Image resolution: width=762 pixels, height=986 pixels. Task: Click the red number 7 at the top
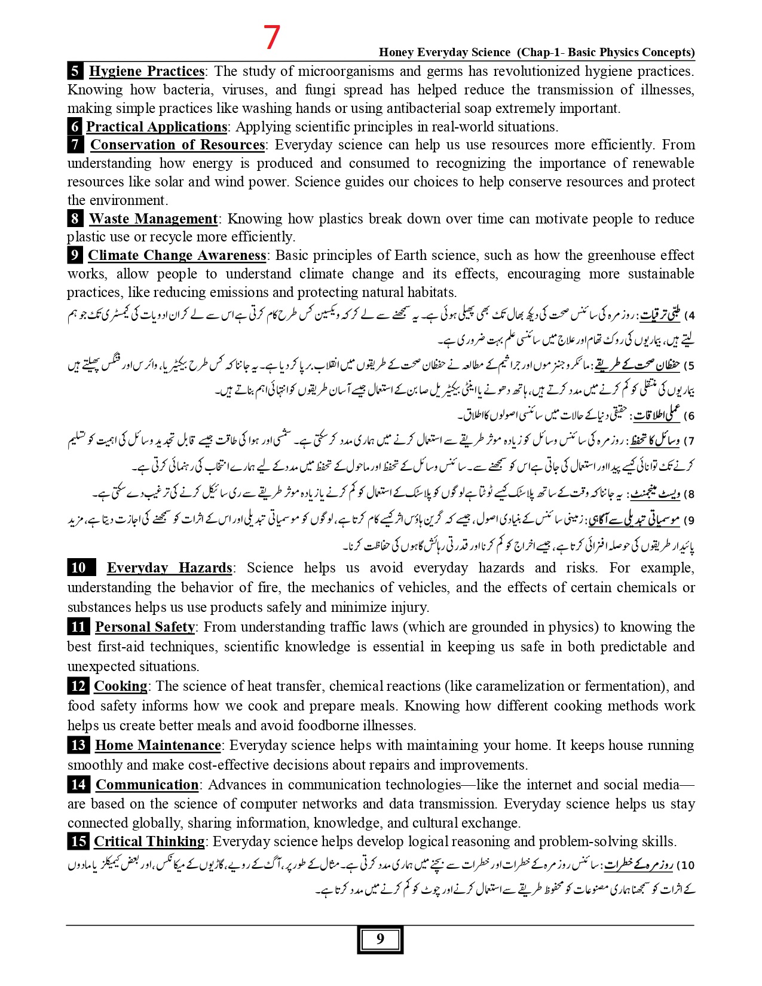click(272, 37)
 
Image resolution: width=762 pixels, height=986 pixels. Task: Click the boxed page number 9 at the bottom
click(380, 939)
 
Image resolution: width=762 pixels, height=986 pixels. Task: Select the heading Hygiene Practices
click(146, 71)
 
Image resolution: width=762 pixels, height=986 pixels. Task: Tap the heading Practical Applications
click(157, 127)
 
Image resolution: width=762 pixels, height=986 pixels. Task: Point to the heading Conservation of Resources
click(178, 145)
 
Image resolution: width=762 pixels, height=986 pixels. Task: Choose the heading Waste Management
click(153, 219)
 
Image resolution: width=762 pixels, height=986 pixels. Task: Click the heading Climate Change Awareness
click(177, 255)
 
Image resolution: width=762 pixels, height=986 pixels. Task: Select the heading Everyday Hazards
click(169, 568)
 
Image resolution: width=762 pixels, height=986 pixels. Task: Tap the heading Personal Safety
click(145, 627)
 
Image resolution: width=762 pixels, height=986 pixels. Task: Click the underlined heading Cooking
click(120, 686)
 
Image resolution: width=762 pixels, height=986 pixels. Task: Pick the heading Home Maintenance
click(158, 745)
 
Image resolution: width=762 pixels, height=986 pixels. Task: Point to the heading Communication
click(147, 785)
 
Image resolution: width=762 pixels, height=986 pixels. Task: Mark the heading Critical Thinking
click(149, 841)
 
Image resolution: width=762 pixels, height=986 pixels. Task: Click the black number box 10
click(78, 568)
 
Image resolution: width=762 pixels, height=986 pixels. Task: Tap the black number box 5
click(75, 71)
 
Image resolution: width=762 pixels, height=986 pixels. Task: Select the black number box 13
click(78, 745)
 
